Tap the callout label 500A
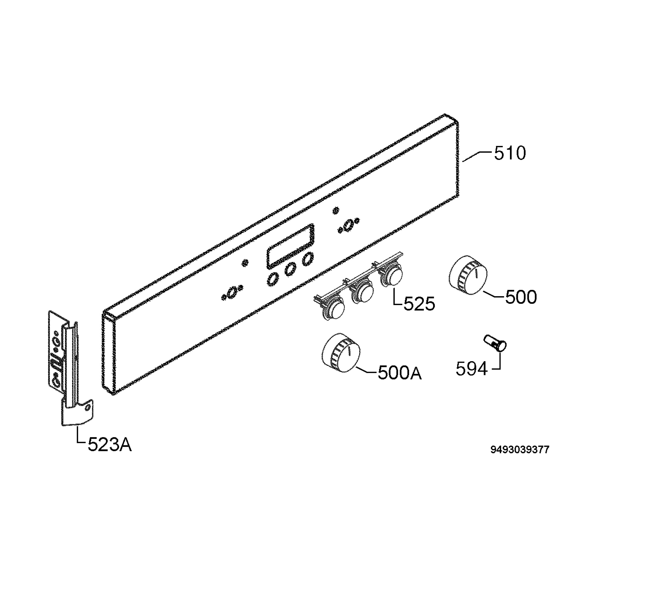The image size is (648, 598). click(x=400, y=373)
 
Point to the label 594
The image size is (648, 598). click(x=471, y=369)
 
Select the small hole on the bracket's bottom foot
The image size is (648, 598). click(x=87, y=408)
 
